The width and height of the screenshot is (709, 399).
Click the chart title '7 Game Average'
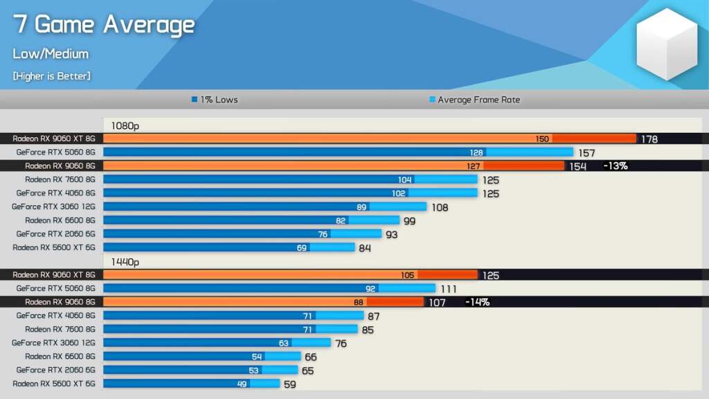pos(104,25)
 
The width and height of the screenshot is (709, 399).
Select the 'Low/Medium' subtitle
pos(51,54)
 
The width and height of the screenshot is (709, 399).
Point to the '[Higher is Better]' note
pos(51,76)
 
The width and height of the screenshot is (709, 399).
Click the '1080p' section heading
pos(125,127)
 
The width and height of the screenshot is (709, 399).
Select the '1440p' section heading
pos(125,262)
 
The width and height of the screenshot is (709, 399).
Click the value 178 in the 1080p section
pos(649,139)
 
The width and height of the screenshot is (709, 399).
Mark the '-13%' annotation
pos(615,166)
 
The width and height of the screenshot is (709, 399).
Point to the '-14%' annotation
pos(477,302)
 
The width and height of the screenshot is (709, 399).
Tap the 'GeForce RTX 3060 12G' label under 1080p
pos(53,206)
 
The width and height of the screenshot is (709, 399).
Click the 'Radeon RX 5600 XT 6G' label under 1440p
pos(53,383)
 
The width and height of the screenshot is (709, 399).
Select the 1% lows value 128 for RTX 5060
pos(476,152)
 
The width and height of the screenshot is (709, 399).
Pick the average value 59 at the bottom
pos(289,384)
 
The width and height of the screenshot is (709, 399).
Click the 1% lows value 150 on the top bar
pos(542,139)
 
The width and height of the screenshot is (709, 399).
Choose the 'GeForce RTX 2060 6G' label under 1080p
pos(55,234)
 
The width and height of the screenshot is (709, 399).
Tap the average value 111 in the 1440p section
pos(449,289)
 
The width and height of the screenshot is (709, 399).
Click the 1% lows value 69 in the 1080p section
pos(302,248)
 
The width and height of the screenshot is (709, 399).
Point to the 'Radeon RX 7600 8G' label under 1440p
pos(60,329)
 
